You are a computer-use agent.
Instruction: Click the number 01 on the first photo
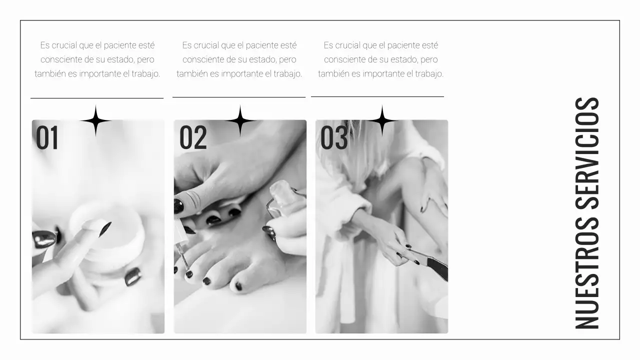47,138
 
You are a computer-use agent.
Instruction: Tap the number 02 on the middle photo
193,138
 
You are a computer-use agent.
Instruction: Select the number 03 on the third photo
334,138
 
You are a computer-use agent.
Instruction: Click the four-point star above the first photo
95,120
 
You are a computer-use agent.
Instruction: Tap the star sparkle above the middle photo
240,120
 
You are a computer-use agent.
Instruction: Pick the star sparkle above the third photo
382,120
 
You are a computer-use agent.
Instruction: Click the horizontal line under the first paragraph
97,98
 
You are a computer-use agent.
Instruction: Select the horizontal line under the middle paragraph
239,97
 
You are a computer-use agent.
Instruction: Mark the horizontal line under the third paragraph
377,96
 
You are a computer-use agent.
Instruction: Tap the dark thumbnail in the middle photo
178,205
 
